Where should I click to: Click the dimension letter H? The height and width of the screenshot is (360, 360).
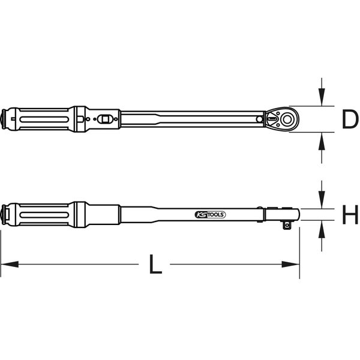click(x=349, y=214)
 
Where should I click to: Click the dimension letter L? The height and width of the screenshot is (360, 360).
click(x=155, y=264)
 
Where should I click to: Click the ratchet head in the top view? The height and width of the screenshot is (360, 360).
click(x=283, y=120)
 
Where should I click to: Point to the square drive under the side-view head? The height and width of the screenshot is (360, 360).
click(x=288, y=225)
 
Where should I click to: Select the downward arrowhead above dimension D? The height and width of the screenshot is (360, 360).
click(x=322, y=98)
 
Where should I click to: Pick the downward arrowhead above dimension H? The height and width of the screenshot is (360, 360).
click(x=322, y=200)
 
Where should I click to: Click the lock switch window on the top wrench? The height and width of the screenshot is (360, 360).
click(x=106, y=119)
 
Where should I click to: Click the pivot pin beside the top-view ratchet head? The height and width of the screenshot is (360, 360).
click(x=260, y=120)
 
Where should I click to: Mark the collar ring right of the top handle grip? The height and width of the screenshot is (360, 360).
click(x=78, y=119)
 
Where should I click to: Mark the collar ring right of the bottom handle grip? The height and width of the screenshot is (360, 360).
click(x=78, y=214)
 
